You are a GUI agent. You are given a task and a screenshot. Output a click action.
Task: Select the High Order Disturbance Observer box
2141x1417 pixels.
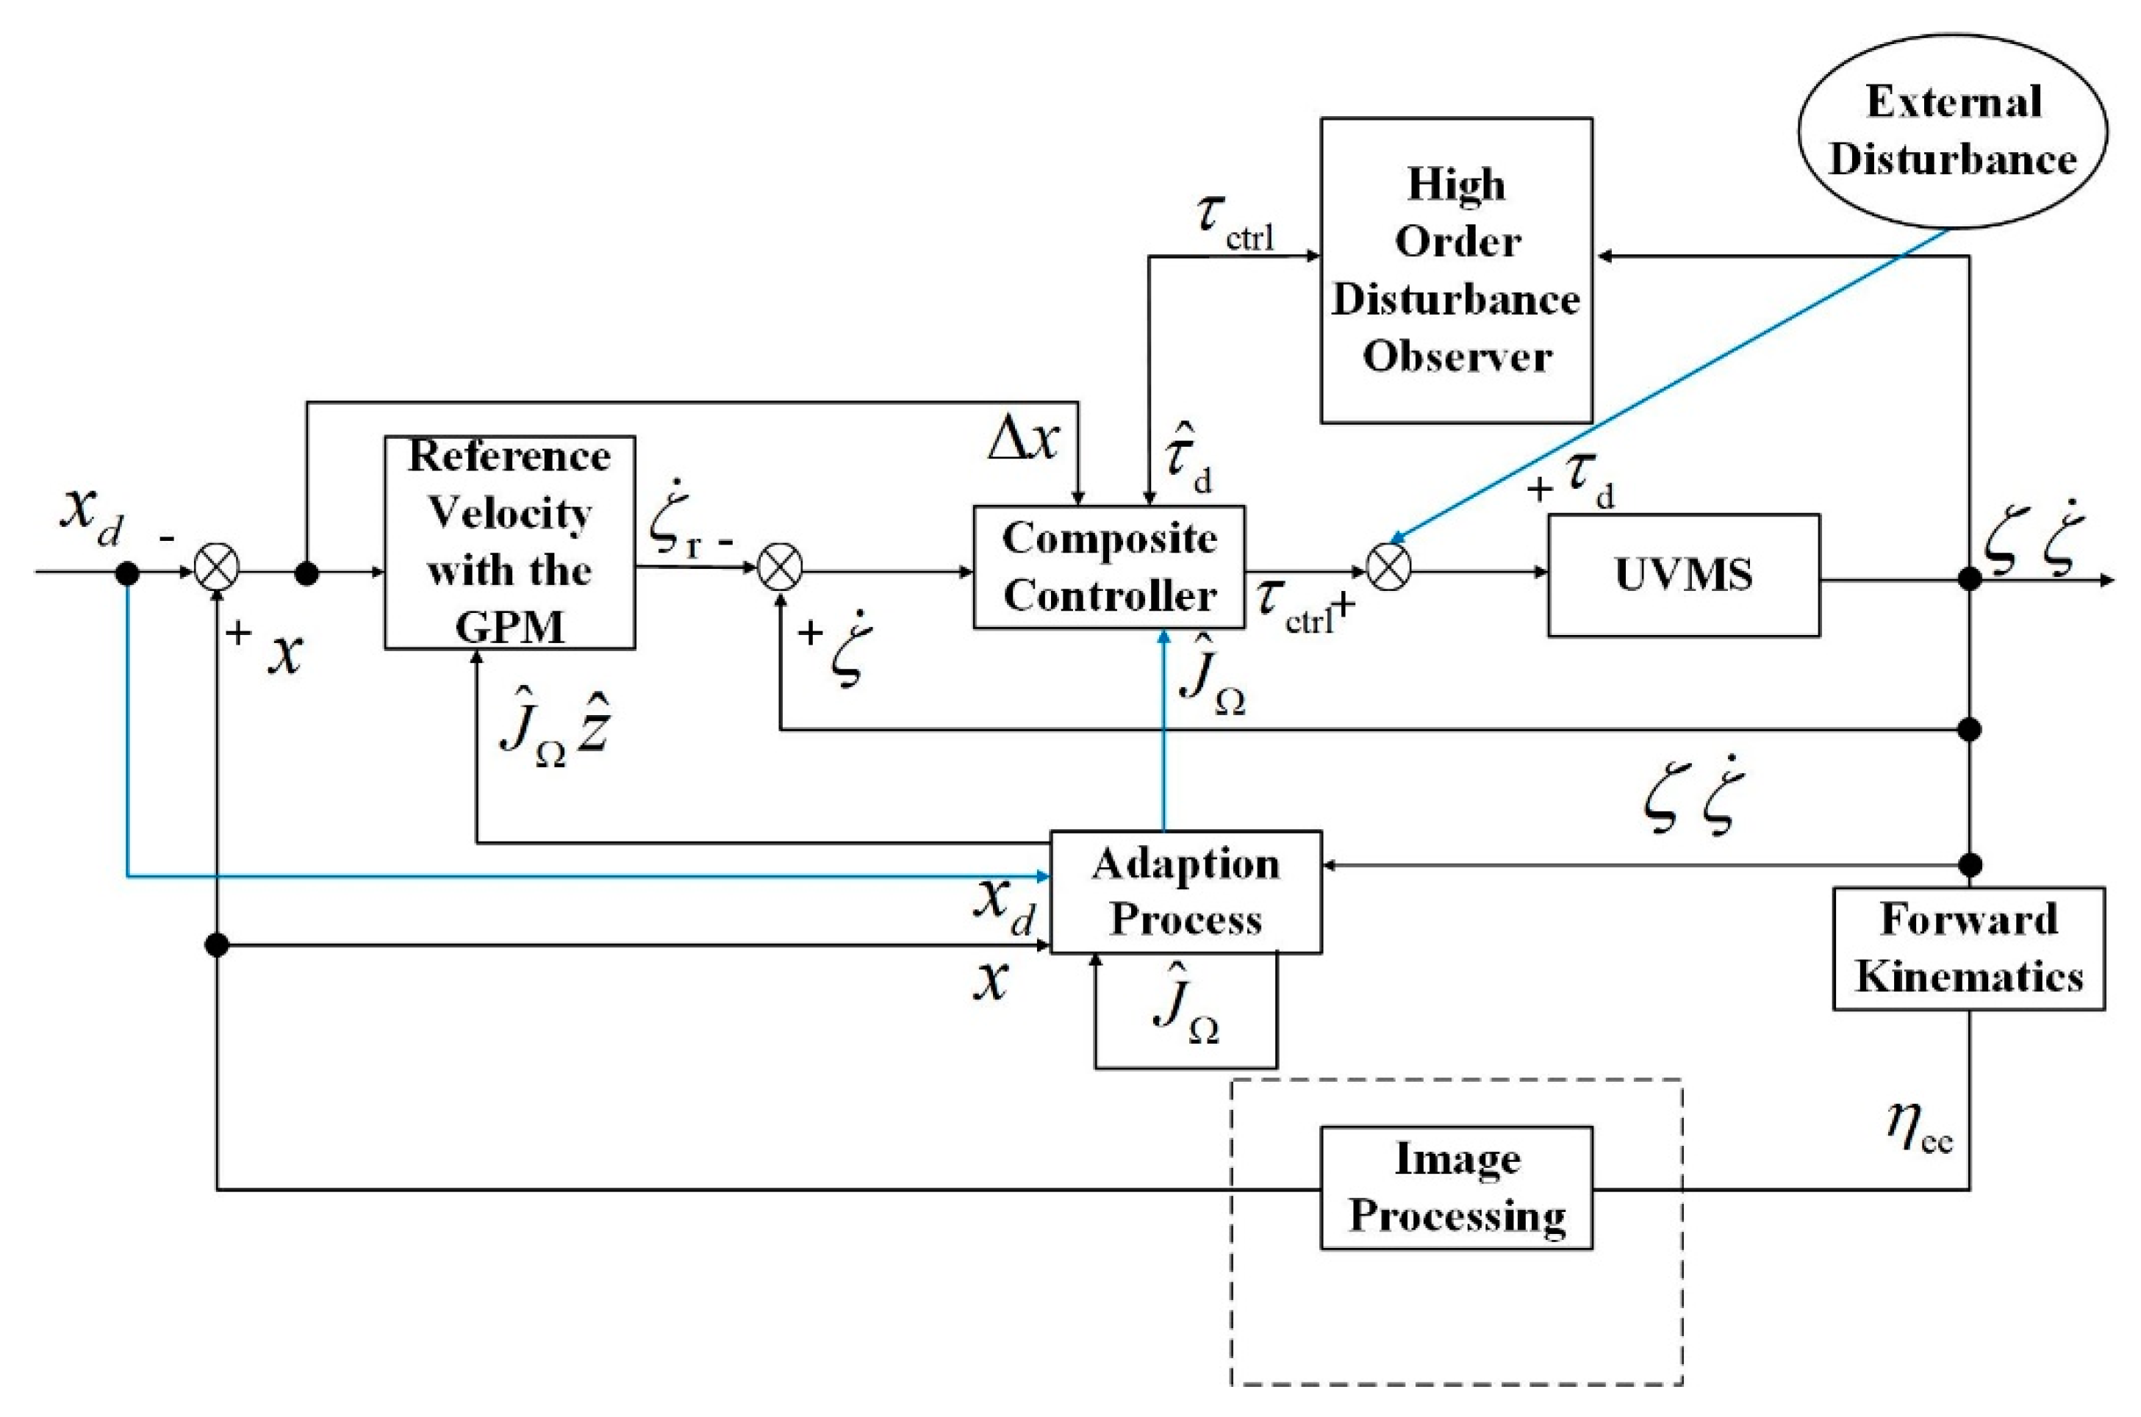coord(1455,270)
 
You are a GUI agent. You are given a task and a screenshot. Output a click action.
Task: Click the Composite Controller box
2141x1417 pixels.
coord(1108,567)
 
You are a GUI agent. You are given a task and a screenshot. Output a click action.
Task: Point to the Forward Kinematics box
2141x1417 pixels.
coord(1968,948)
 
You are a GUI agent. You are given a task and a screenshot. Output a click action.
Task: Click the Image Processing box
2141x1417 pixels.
coord(1455,1188)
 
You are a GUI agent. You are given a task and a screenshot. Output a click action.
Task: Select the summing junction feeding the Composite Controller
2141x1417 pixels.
coord(779,571)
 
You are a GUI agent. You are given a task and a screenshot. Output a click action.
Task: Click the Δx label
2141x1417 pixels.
coord(1022,441)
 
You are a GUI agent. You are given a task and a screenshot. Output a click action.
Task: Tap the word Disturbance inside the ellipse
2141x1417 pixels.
coord(1951,160)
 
